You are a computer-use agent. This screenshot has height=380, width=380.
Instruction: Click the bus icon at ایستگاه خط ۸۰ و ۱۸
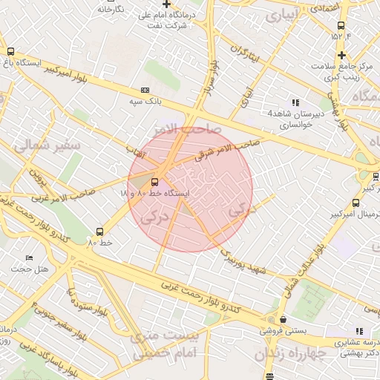tap(155, 181)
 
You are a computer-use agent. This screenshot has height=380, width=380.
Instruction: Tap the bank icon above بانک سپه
tap(144, 90)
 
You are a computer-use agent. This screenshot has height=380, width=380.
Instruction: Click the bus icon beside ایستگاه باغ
tap(10, 51)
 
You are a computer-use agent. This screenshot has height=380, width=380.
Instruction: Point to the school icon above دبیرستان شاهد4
tap(295, 103)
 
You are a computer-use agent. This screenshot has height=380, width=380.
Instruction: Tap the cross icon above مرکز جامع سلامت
tap(341, 55)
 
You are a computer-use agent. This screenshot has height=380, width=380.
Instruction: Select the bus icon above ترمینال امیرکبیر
tap(376, 177)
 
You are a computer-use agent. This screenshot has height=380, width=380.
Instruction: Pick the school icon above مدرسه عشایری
tap(359, 331)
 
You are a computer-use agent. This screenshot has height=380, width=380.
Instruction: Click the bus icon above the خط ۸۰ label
tap(101, 231)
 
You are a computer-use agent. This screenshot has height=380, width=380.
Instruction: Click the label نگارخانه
tap(111, 9)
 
